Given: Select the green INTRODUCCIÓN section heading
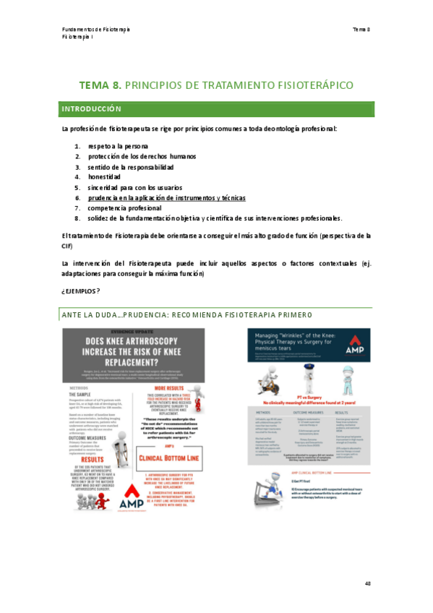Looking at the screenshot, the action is [x=90, y=108].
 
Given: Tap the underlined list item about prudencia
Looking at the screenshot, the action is [x=166, y=197].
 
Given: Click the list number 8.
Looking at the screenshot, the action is [x=77, y=218].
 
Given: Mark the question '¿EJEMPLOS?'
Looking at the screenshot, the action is [x=80, y=291].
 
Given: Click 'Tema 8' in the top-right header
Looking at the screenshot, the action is [x=361, y=29].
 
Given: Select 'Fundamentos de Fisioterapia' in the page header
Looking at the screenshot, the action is [x=96, y=29].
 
